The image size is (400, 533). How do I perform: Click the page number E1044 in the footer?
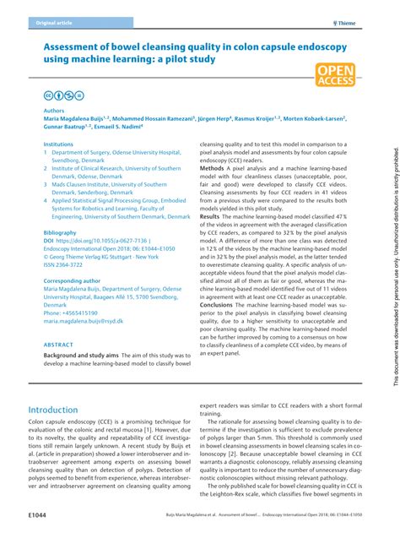[x=37, y=513]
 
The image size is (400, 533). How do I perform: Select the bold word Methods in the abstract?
[x=212, y=168]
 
